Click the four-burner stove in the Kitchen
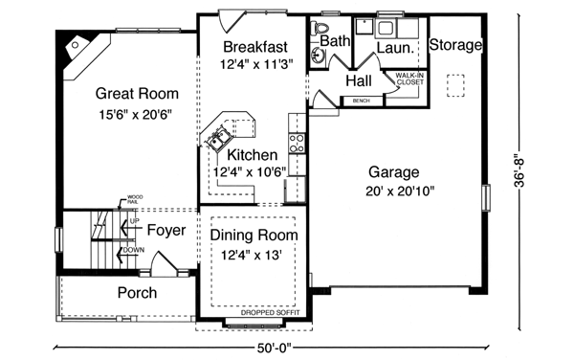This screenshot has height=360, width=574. (297, 144)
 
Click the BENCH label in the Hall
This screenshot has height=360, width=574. (361, 100)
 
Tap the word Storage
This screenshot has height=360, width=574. (453, 45)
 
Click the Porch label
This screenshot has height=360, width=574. (137, 292)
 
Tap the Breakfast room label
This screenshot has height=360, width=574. (255, 46)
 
